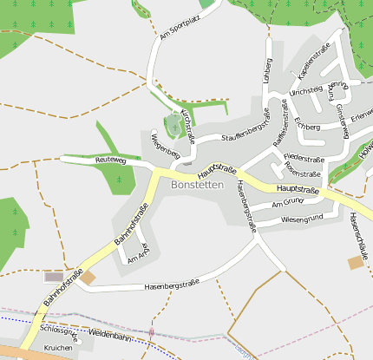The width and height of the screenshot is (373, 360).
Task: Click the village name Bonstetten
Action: (x=198, y=185)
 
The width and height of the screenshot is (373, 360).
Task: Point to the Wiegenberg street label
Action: (x=164, y=146)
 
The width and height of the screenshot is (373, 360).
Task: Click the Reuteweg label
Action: (x=111, y=160)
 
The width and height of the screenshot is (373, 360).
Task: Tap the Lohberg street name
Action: (x=267, y=72)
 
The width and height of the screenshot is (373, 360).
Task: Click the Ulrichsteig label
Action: (x=306, y=90)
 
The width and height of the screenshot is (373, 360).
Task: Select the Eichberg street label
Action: (x=308, y=127)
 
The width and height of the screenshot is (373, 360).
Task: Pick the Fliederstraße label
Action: (x=304, y=160)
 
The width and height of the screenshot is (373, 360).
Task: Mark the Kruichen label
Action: (x=58, y=347)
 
